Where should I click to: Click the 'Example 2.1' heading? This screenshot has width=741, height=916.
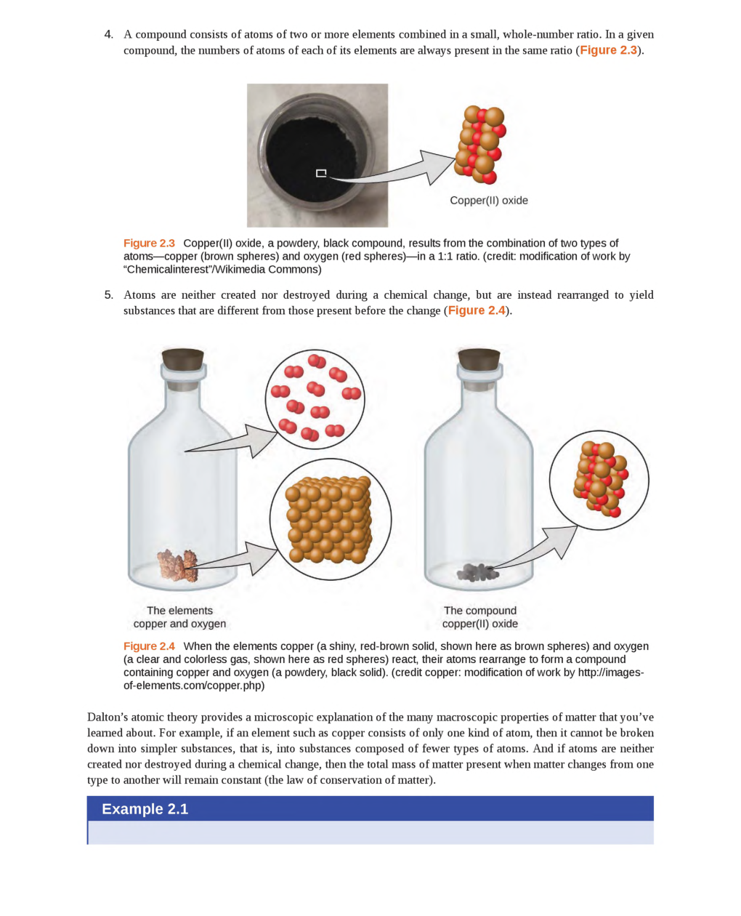coord(145,809)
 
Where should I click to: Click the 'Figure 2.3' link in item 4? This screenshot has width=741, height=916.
coord(608,50)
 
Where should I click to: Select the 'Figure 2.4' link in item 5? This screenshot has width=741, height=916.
coord(476,310)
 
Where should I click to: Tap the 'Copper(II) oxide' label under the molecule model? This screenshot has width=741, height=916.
coord(488,201)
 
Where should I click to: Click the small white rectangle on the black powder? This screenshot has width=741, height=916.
coord(321,173)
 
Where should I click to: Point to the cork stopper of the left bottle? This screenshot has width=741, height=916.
coord(182,359)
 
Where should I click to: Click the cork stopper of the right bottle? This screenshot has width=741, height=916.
coord(479,359)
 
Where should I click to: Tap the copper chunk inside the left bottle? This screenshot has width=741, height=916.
coord(177,565)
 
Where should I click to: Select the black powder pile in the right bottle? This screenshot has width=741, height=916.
coord(477,573)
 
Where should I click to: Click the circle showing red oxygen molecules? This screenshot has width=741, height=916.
coord(315,399)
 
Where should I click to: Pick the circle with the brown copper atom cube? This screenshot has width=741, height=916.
coord(331,519)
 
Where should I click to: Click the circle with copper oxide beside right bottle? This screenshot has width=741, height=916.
coord(599,481)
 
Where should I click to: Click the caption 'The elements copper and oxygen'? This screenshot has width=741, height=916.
coord(179,617)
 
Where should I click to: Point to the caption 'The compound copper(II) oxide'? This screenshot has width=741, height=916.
coord(479,617)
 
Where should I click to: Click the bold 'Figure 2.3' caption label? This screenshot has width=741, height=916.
coord(149,244)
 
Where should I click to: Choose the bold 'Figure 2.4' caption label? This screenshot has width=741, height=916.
coord(149,646)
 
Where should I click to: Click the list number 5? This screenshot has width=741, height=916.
coord(108,295)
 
